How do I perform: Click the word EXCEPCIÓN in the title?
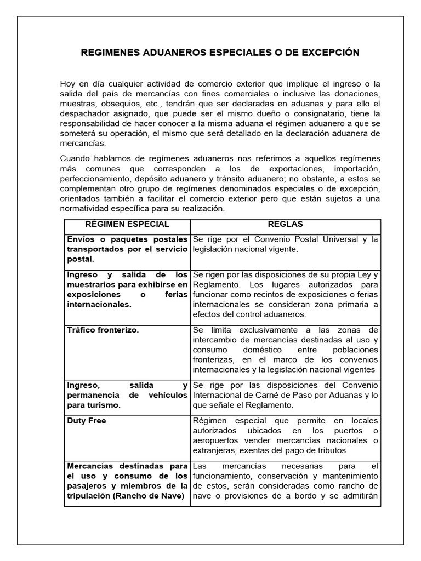point(327,53)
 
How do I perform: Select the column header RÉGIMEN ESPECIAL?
point(127,225)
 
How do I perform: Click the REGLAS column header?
point(285,225)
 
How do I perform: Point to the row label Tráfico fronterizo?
point(103,330)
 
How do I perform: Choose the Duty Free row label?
point(87,421)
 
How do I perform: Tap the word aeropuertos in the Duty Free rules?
point(217,441)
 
